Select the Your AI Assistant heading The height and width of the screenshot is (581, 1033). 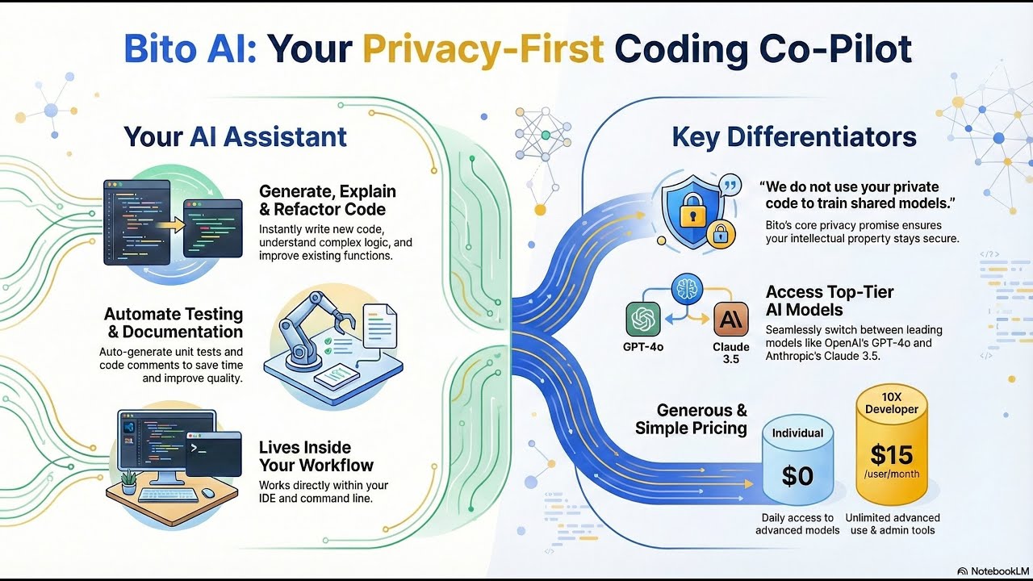[235, 136]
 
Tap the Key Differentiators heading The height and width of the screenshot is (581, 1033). [793, 136]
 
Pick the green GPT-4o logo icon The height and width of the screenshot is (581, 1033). [643, 320]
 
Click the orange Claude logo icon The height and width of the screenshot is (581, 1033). [731, 320]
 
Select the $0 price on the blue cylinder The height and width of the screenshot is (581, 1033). [797, 476]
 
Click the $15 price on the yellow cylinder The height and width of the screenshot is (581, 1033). [892, 456]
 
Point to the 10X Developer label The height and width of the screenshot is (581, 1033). [892, 403]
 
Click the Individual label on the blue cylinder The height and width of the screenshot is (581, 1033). [797, 433]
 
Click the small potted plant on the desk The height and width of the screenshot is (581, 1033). [128, 482]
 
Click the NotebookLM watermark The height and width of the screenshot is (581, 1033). [991, 571]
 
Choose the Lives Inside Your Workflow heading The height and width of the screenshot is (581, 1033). [316, 456]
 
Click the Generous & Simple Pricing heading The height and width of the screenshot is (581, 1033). [691, 420]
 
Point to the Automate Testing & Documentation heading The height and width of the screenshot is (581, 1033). [173, 323]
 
